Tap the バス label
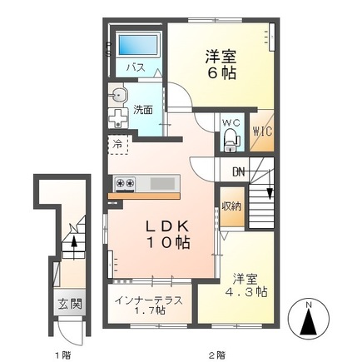click(x=134, y=67)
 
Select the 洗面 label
click(x=142, y=108)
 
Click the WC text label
click(x=231, y=124)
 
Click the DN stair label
click(x=240, y=172)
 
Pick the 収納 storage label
click(x=231, y=206)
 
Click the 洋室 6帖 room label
click(x=221, y=64)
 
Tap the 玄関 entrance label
click(x=69, y=304)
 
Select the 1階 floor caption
click(x=62, y=355)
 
